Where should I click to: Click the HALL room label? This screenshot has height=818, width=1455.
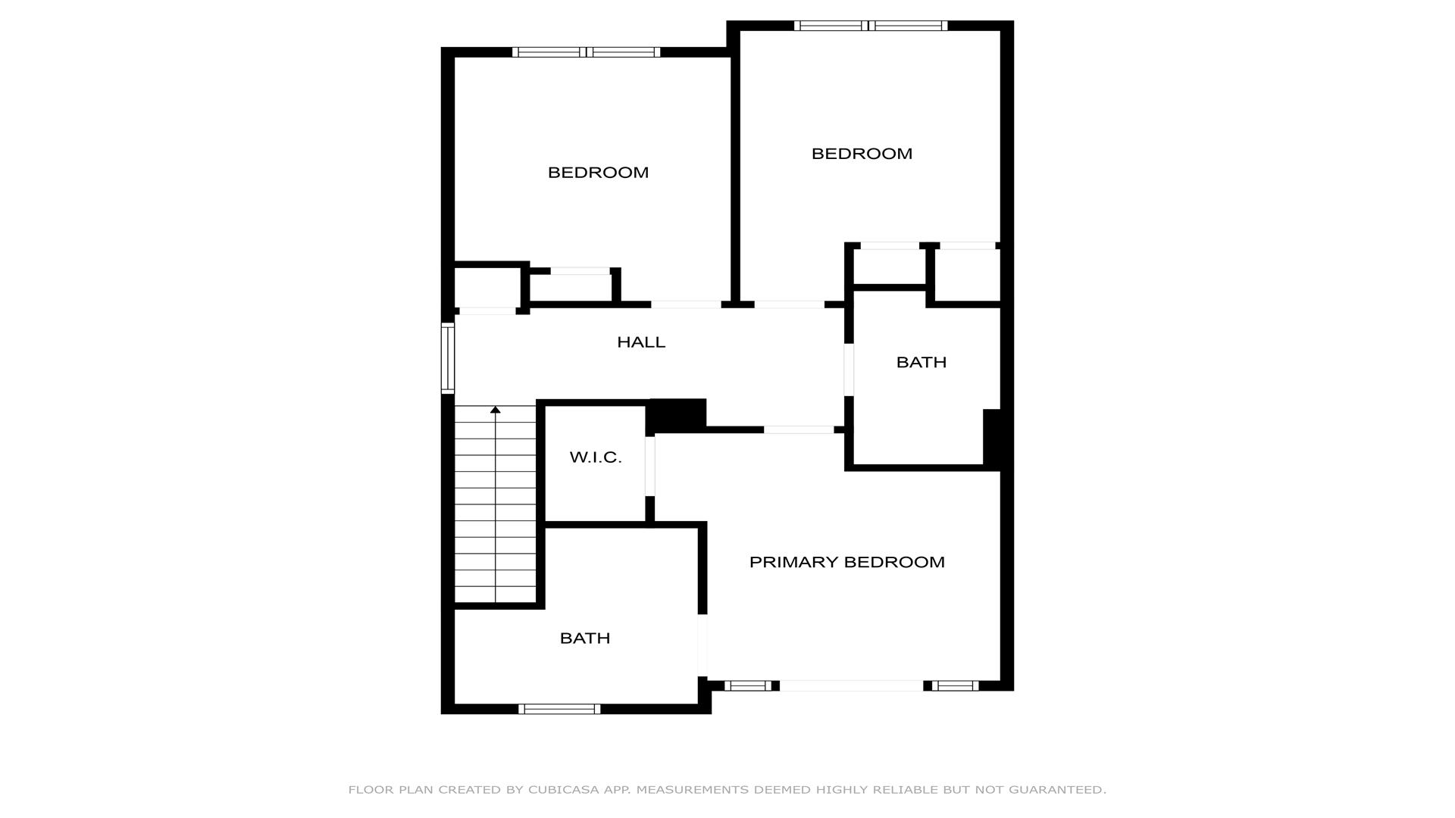tap(641, 342)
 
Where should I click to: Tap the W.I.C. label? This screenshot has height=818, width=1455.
tap(596, 457)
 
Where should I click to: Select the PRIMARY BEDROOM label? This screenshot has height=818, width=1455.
tap(846, 562)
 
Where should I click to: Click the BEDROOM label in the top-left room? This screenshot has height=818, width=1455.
tap(598, 173)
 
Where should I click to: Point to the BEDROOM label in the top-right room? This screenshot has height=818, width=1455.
tap(862, 154)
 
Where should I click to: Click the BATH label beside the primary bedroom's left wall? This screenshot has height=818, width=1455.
tap(585, 638)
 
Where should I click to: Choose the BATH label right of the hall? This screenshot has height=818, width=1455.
tap(921, 362)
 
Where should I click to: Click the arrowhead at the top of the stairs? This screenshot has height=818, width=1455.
tap(496, 410)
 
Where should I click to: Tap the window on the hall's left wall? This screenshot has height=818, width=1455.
tap(448, 358)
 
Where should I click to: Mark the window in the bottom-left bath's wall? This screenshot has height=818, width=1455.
tap(559, 709)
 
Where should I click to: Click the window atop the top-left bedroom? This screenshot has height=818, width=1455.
tap(586, 52)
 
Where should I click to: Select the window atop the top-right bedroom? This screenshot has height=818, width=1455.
tap(871, 26)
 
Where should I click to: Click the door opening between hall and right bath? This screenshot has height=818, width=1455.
tap(849, 370)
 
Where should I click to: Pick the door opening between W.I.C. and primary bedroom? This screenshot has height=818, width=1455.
tap(650, 466)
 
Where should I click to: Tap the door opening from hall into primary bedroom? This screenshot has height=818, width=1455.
tap(799, 429)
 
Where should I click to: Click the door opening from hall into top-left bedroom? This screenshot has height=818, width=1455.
tap(686, 304)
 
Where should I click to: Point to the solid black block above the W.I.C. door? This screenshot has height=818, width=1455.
tap(676, 415)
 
